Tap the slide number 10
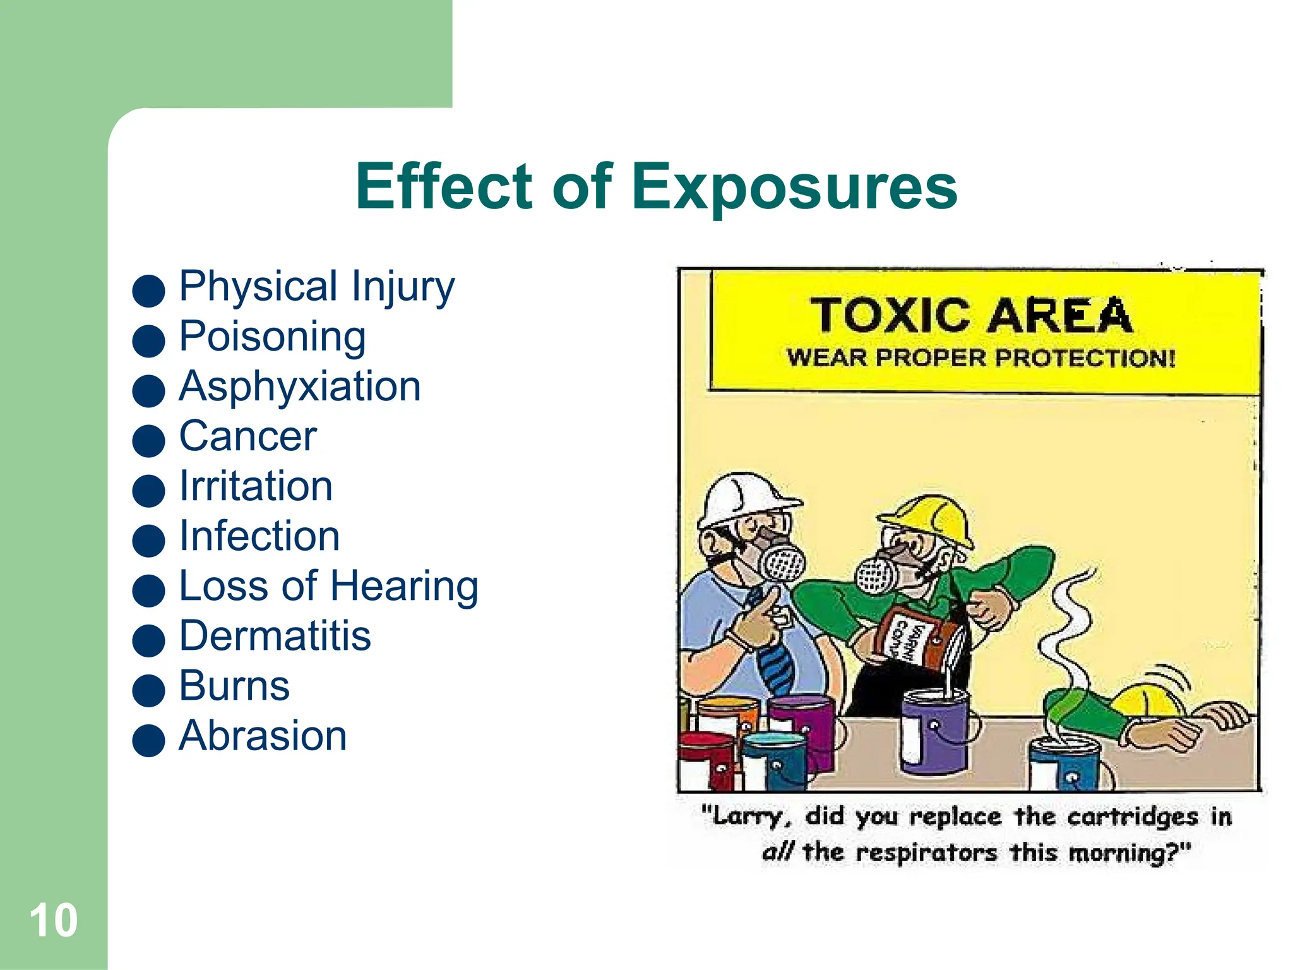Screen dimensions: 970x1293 (54, 920)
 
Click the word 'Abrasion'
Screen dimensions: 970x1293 (263, 736)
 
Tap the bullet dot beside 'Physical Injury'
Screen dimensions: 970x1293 (149, 290)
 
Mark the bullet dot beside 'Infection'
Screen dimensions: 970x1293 (149, 541)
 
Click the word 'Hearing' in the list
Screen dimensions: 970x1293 (404, 586)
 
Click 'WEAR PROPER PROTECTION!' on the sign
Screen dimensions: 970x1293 (980, 358)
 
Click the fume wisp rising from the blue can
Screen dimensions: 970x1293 (1067, 644)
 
